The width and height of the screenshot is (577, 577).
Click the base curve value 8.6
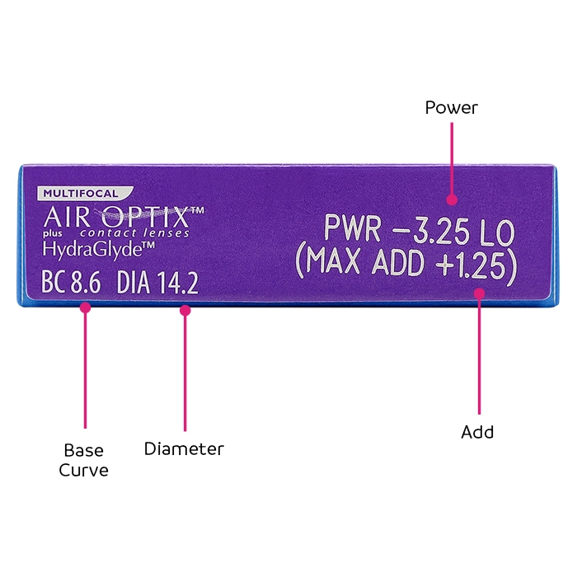(x=85, y=284)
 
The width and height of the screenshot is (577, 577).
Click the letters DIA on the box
(x=134, y=284)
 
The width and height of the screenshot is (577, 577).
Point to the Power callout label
(x=451, y=108)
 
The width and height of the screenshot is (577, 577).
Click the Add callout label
(x=477, y=431)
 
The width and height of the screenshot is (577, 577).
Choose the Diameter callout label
(x=184, y=449)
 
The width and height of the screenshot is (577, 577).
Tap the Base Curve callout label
(x=84, y=460)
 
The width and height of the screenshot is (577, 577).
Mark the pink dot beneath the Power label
(x=451, y=199)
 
